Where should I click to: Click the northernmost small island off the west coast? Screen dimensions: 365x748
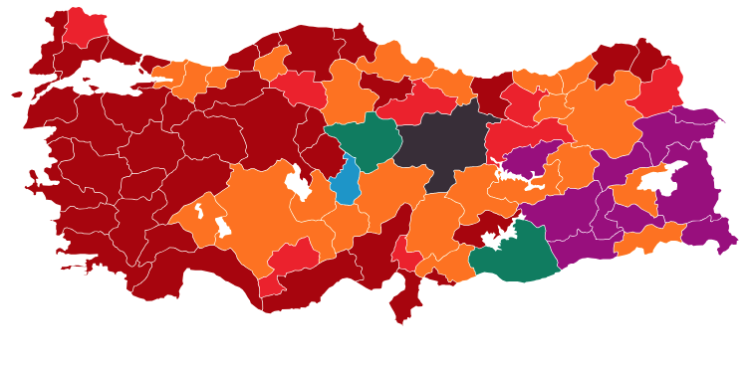pyautogui.click(x=17, y=94)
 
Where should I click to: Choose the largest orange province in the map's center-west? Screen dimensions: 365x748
pyautogui.click(x=254, y=214)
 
